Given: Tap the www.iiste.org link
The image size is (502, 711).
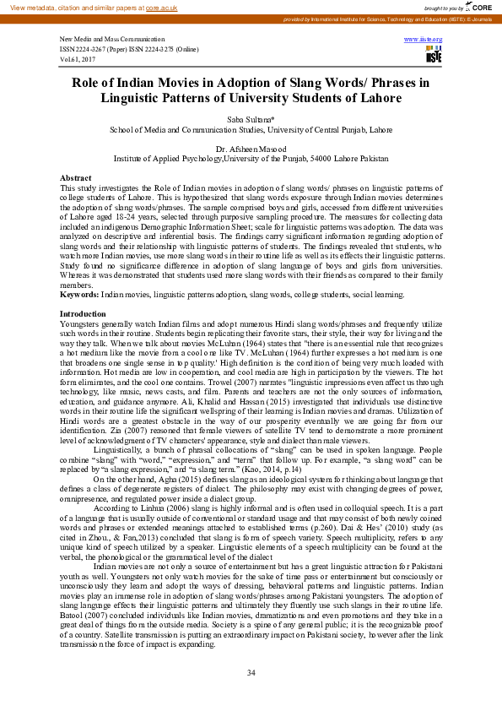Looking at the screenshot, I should pyautogui.click(x=423, y=40).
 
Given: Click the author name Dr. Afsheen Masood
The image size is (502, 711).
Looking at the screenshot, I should pyautogui.click(x=251, y=149).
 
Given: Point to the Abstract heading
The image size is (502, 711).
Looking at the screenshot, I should pyautogui.click(x=75, y=177).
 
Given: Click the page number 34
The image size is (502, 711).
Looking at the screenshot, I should pyautogui.click(x=251, y=672).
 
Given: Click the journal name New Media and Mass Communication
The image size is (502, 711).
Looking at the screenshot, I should pyautogui.click(x=112, y=40).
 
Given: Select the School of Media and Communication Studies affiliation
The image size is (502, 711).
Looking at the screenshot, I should pyautogui.click(x=251, y=130).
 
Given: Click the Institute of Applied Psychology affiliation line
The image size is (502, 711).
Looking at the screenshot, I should pyautogui.click(x=251, y=159).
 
